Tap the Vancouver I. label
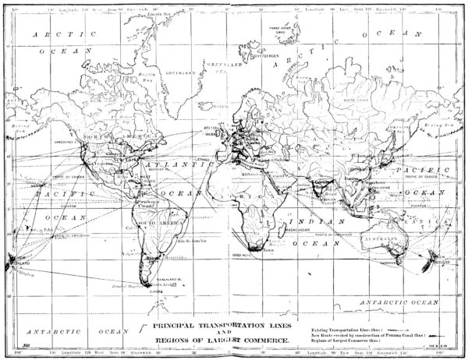pos(65,143)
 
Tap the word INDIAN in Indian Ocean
pos(316,222)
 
